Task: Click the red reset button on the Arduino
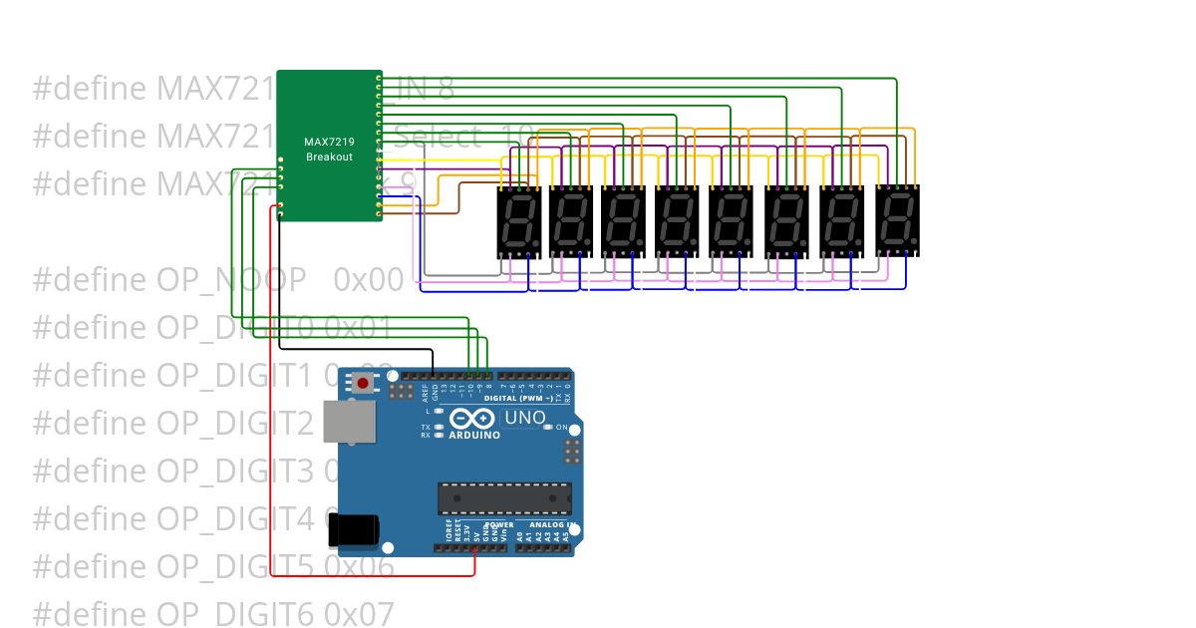tap(363, 383)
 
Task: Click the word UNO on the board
tap(524, 419)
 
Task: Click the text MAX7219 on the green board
tap(329, 143)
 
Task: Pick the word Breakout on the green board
tap(329, 157)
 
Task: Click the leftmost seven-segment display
tap(518, 221)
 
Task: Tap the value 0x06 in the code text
tap(359, 567)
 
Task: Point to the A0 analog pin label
tap(519, 535)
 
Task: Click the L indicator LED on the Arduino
tap(439, 411)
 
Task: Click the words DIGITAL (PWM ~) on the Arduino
tap(518, 398)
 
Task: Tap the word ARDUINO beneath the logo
tap(473, 435)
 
